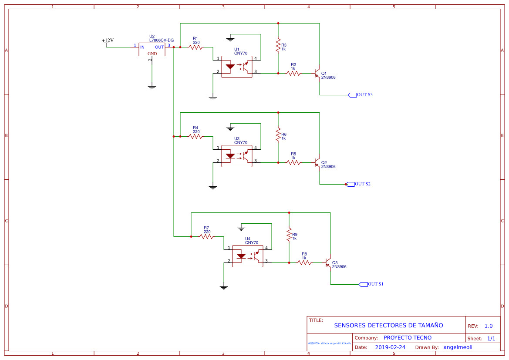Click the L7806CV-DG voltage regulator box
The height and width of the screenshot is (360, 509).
pos(152,49)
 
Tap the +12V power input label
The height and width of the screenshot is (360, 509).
pos(108,41)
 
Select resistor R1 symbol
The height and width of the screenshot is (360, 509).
pos(196,47)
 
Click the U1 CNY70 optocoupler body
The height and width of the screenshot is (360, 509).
pos(236,67)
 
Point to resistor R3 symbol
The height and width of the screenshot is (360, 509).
pos(278,45)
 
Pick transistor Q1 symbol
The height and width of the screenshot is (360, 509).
pos(318,74)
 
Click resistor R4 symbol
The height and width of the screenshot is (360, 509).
pos(196,136)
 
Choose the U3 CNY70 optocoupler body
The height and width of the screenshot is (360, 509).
pos(236,156)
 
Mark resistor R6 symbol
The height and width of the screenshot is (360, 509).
pos(278,135)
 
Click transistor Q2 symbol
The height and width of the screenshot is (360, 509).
pos(318,163)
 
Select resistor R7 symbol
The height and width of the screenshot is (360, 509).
pos(206,236)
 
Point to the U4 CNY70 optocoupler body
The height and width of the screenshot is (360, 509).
pos(247,256)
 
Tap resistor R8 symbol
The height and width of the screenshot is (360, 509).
pos(304,262)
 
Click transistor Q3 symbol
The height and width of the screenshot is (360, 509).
pos(329,263)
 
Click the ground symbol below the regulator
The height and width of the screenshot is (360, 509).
pos(152,87)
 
